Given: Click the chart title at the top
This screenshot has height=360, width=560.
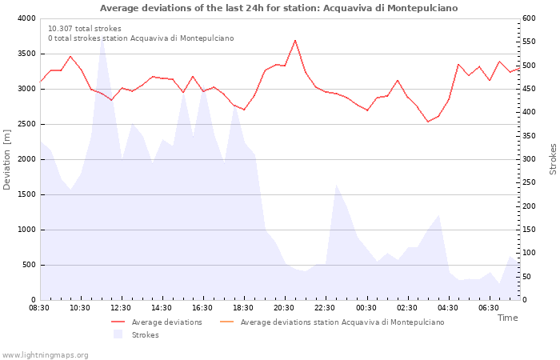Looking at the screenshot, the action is click(x=278, y=8).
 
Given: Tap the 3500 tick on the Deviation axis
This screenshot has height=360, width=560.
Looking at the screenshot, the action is click(x=26, y=54).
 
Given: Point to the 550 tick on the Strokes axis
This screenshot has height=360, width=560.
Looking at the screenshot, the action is click(x=529, y=42).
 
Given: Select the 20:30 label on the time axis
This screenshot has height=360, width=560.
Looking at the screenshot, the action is click(x=284, y=308).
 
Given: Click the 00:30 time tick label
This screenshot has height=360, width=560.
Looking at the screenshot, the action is click(x=366, y=308).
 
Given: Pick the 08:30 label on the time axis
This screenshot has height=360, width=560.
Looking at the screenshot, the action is click(x=39, y=308).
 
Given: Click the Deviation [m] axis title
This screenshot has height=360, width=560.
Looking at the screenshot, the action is click(x=6, y=160).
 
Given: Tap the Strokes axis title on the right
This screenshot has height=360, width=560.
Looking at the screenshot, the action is click(x=553, y=159).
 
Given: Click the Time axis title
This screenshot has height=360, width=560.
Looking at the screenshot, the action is click(x=507, y=318).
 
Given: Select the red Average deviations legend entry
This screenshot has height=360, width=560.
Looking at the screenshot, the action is click(x=157, y=322).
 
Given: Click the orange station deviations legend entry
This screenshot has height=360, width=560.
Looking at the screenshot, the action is click(x=332, y=322).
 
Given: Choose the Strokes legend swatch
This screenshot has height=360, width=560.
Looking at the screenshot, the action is click(x=118, y=334).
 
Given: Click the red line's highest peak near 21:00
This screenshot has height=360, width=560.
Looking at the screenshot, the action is click(x=295, y=40).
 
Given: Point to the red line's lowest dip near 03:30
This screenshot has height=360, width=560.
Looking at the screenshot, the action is click(x=428, y=122).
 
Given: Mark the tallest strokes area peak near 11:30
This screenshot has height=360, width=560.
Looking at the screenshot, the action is click(x=102, y=38).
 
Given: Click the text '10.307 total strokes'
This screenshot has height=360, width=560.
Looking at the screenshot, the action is click(x=85, y=29).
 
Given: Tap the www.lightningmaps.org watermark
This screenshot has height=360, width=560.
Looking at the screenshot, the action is click(x=45, y=355).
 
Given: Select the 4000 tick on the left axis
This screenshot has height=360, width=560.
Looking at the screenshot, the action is click(x=26, y=18).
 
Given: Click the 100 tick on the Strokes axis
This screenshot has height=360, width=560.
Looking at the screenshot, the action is click(x=529, y=253).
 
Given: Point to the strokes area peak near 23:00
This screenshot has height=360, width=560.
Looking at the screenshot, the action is click(x=336, y=185).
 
